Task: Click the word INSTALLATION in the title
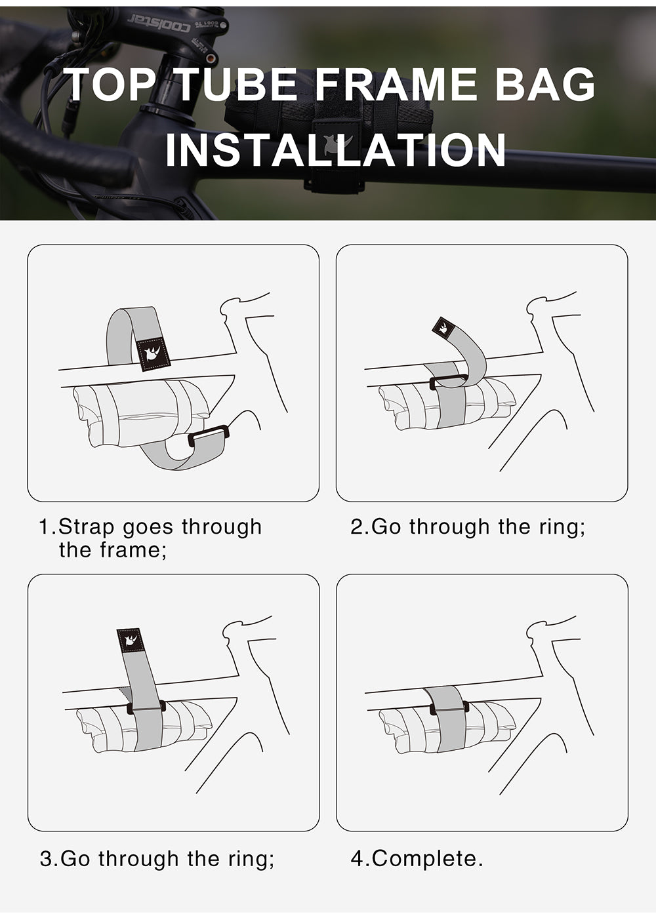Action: point(335,150)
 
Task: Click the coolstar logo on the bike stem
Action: point(158,24)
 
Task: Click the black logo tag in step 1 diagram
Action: point(152,354)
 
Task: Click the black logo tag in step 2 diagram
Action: point(444,327)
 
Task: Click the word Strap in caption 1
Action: point(87,527)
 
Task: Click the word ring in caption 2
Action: point(560,527)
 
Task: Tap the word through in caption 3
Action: point(139,858)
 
